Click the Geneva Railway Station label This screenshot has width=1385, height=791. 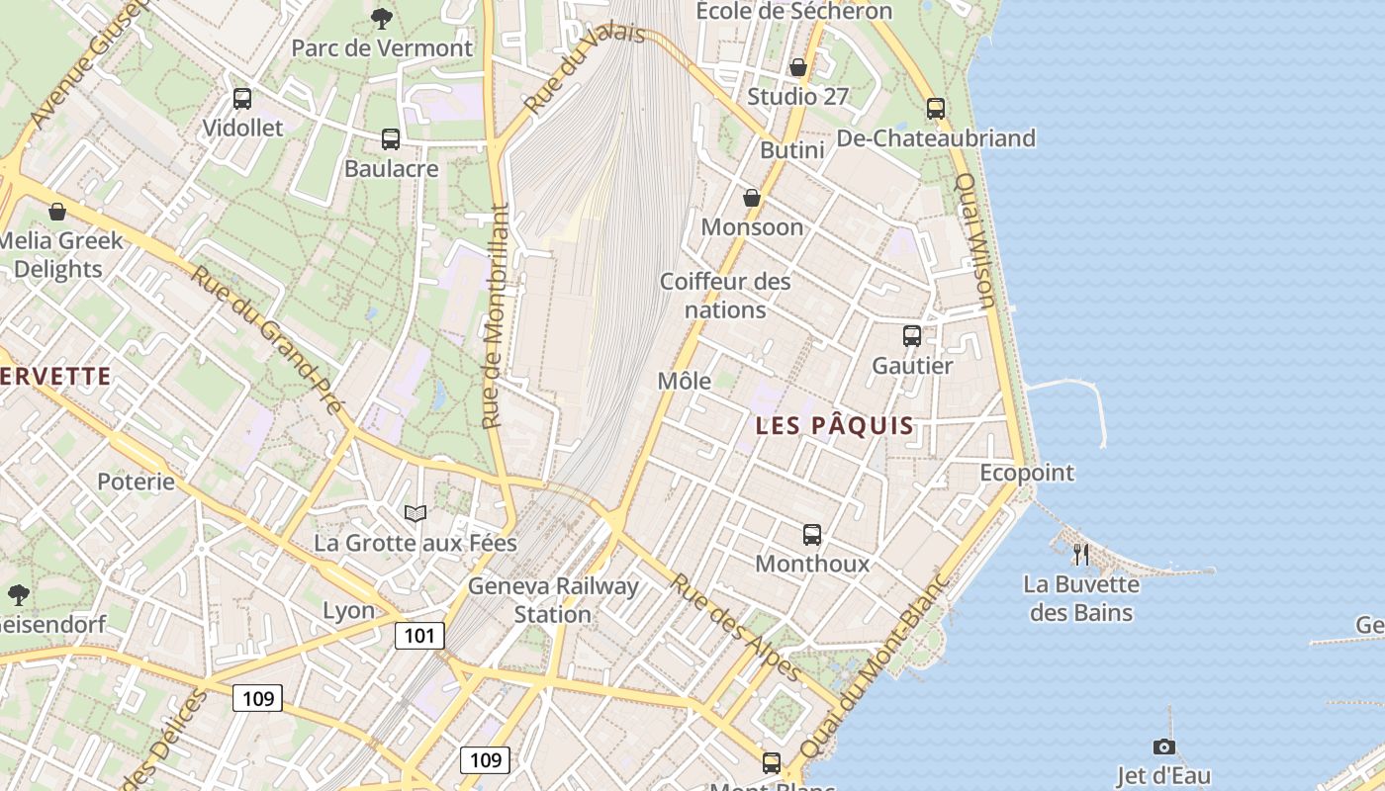point(553,599)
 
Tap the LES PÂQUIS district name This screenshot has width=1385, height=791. point(834,426)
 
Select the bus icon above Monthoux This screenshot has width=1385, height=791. point(812,535)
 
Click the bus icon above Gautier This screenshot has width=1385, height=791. point(912,336)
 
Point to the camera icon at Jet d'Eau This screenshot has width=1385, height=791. point(1164,747)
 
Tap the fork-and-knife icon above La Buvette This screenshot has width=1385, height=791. point(1081,555)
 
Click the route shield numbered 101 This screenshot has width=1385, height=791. point(418,635)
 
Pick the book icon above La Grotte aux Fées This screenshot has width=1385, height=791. point(415,513)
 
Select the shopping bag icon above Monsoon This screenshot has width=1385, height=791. point(752,198)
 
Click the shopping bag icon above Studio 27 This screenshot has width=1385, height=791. point(798,67)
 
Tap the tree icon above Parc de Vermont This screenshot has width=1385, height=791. point(381,18)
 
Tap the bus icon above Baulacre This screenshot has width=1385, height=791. point(391,139)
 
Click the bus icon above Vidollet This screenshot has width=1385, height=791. point(242,99)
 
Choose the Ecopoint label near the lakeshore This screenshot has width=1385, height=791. point(1027,473)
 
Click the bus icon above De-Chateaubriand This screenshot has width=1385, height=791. point(936,109)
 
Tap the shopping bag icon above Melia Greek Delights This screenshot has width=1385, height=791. point(57,212)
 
